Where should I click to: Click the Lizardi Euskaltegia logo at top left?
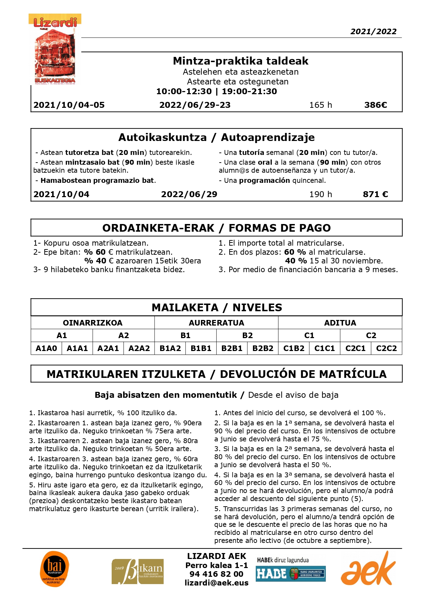(x=55, y=50)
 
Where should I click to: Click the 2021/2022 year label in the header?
(x=373, y=31)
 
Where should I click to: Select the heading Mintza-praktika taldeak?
(x=240, y=61)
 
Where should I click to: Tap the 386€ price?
(x=375, y=105)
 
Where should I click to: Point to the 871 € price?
(x=375, y=194)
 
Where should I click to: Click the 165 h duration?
(x=320, y=105)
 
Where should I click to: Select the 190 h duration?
(x=320, y=194)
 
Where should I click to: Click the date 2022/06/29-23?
(x=195, y=105)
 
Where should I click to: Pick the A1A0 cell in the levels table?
(x=46, y=348)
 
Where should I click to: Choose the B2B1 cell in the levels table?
(x=232, y=348)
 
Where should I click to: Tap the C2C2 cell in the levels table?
(x=386, y=348)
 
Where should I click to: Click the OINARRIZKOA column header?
(x=92, y=323)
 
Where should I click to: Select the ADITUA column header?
(x=340, y=323)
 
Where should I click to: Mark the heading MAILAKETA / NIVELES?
(x=217, y=307)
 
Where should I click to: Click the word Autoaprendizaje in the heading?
(x=268, y=137)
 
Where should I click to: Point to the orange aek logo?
(x=368, y=569)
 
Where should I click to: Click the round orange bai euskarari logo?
(x=54, y=569)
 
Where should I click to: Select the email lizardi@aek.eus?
(x=216, y=583)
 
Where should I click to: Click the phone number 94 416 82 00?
(x=216, y=574)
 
